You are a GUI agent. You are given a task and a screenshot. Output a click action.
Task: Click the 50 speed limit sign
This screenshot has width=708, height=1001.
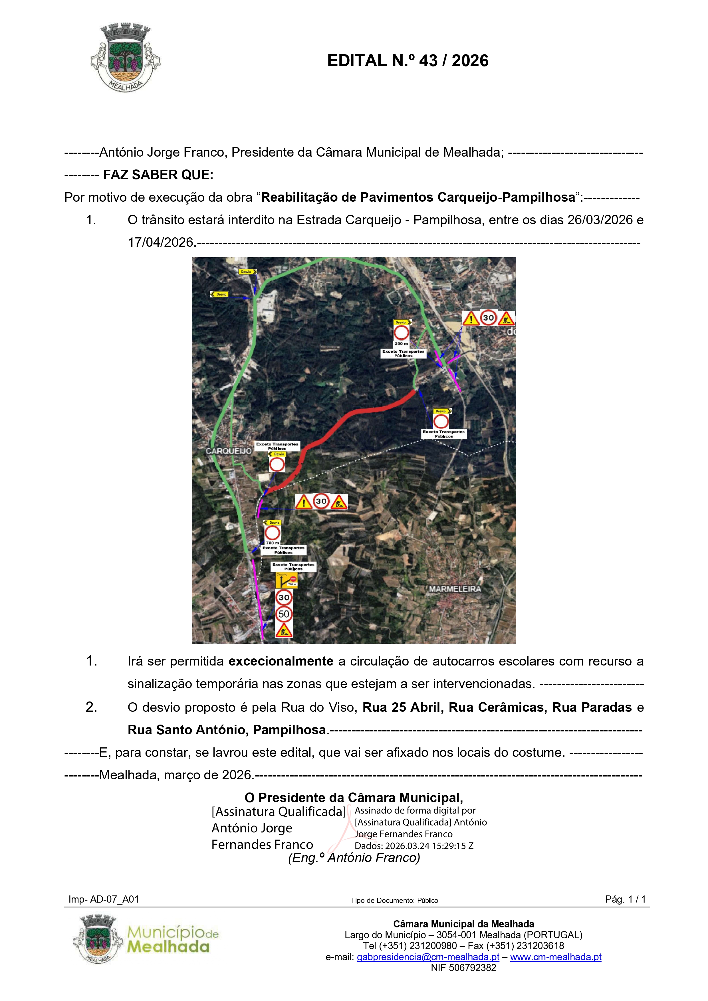tap(284, 614)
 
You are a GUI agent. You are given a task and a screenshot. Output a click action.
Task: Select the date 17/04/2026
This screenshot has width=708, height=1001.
tap(161, 242)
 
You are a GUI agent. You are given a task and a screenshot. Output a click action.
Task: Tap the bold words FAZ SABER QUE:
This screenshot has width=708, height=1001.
tap(158, 175)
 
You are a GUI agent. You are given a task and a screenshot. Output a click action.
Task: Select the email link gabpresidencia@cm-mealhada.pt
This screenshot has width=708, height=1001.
tap(428, 957)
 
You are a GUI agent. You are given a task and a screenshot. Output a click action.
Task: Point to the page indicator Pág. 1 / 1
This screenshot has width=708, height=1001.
tap(625, 899)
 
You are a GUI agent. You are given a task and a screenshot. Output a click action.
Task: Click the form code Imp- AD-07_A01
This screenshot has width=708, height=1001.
tap(104, 899)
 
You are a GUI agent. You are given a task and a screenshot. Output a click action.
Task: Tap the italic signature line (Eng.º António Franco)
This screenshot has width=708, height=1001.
tap(354, 858)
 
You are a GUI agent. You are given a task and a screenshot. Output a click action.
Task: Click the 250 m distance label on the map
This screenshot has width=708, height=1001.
tap(401, 343)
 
